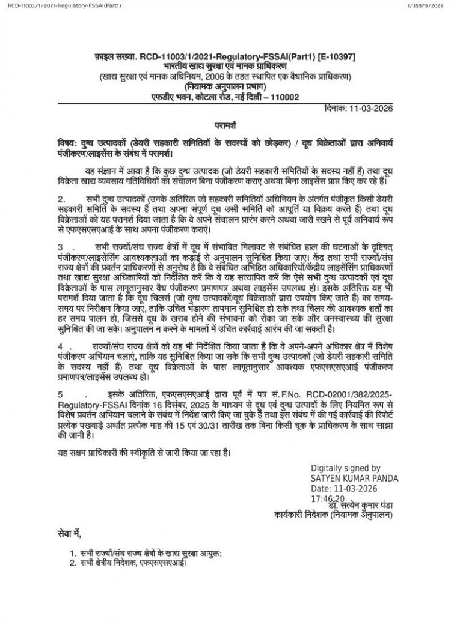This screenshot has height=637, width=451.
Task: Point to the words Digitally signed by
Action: click(x=345, y=468)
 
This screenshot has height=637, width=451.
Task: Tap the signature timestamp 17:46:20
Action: click(x=328, y=499)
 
